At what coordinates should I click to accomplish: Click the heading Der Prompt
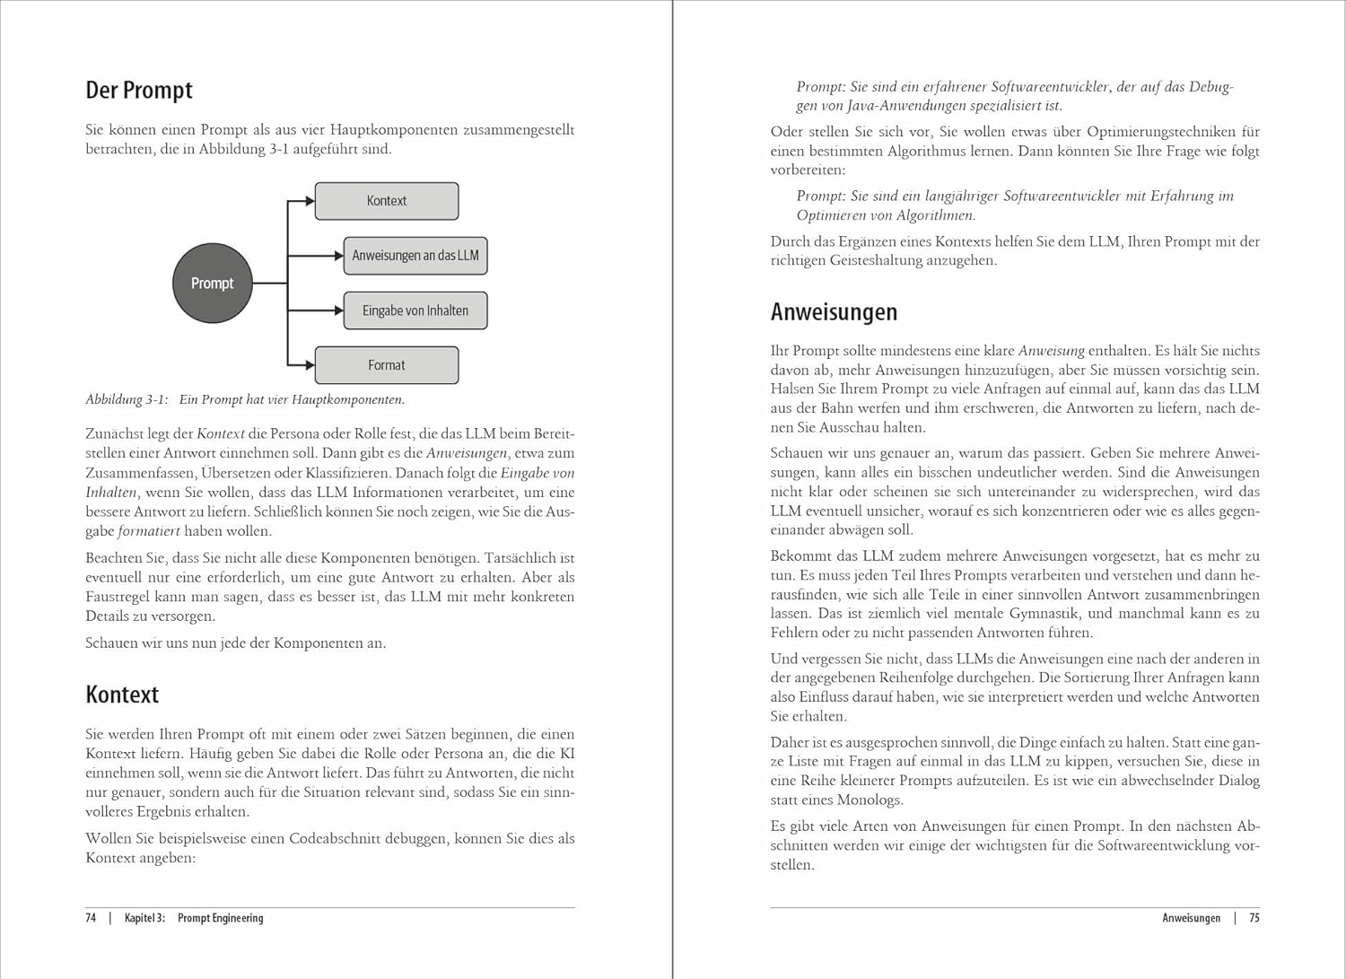(x=139, y=91)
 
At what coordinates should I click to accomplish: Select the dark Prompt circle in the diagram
(x=212, y=283)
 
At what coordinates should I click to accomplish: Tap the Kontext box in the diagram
(x=387, y=201)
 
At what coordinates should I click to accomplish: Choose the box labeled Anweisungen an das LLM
(x=415, y=256)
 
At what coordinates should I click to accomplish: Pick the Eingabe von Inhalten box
(x=415, y=310)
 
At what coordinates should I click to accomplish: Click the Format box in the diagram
(x=387, y=365)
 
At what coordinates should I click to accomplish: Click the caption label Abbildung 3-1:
(x=127, y=400)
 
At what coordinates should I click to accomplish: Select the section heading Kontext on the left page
(x=122, y=695)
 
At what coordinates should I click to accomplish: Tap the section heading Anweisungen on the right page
(x=834, y=312)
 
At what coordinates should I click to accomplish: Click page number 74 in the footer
(x=91, y=918)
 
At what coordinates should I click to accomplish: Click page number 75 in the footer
(x=1254, y=918)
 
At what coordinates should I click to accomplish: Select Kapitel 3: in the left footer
(x=145, y=918)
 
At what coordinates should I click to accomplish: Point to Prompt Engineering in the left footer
(x=221, y=918)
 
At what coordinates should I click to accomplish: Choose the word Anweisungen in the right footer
(x=1191, y=918)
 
